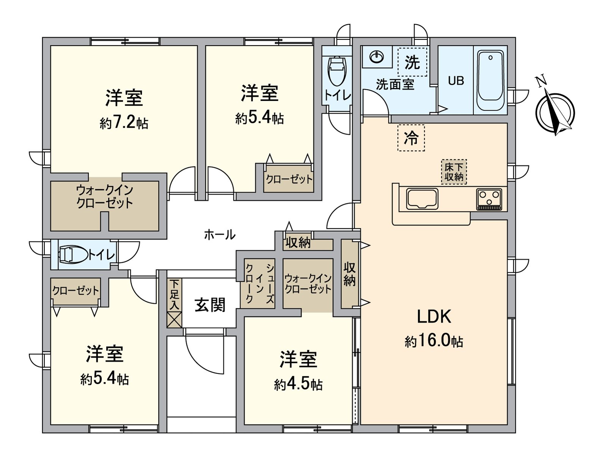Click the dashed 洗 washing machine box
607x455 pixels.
click(412, 62)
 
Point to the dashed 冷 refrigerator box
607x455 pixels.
click(411, 138)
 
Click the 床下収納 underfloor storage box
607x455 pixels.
click(454, 172)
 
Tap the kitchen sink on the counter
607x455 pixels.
click(422, 199)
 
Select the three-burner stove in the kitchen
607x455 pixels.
click(489, 199)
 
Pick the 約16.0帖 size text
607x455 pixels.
click(434, 341)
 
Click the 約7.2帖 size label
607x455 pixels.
click(124, 123)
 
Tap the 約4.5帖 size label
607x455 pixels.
click(298, 384)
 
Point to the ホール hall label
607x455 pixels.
click(220, 235)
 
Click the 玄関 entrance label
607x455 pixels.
click(210, 305)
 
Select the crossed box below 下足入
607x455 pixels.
click(175, 319)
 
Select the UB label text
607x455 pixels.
click(456, 81)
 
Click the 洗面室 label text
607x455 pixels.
click(395, 84)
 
